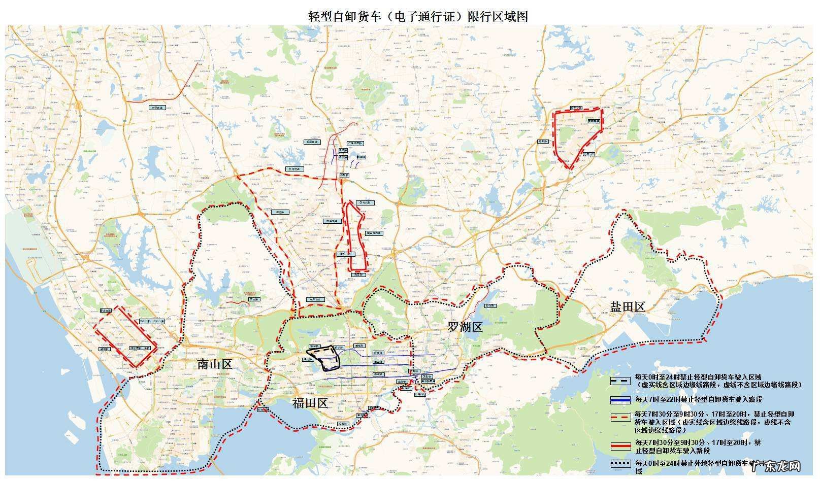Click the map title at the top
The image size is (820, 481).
[x=418, y=16]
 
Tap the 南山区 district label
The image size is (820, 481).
[x=214, y=364]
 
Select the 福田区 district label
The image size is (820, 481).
[x=310, y=404]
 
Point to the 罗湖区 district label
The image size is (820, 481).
[x=465, y=327]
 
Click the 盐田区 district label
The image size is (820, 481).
[x=628, y=306]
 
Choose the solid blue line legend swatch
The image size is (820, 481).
[x=620, y=400]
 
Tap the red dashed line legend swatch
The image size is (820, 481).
[x=620, y=417]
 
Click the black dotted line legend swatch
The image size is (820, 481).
[x=620, y=463]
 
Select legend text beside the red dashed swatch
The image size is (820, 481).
[x=713, y=422]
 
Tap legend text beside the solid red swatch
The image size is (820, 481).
[x=698, y=446]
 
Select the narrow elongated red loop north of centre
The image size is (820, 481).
[x=355, y=236]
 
